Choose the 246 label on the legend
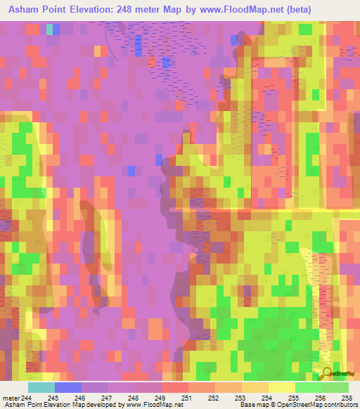pyautogui.click(x=94, y=398)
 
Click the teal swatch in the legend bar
pyautogui.click(x=41, y=387)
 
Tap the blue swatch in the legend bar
pyautogui.click(x=68, y=387)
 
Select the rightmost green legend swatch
pyautogui.click(x=335, y=387)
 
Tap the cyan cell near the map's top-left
pyautogui.click(x=49, y=30)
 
